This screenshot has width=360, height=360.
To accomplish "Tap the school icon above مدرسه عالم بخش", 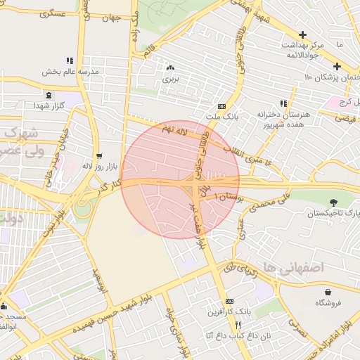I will coord(69,61).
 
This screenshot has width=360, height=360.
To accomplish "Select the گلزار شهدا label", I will coord(48,105).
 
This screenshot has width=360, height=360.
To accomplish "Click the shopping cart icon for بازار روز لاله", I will coord(98,156).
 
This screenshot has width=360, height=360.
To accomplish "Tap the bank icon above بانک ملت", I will coord(221,106).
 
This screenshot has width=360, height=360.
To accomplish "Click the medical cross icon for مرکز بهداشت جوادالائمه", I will coord(303,34).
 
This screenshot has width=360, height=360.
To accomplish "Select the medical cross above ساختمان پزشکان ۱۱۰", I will coord(337,66).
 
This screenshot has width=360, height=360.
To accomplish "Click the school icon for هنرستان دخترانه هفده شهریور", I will coord(284,103).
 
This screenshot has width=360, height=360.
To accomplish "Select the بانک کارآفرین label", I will coord(229,311).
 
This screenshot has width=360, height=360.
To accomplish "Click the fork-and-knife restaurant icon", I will coord(238,325).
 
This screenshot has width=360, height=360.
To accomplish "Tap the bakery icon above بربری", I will coord(171,68).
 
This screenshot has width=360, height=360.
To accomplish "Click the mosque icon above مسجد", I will coord(4,306).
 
